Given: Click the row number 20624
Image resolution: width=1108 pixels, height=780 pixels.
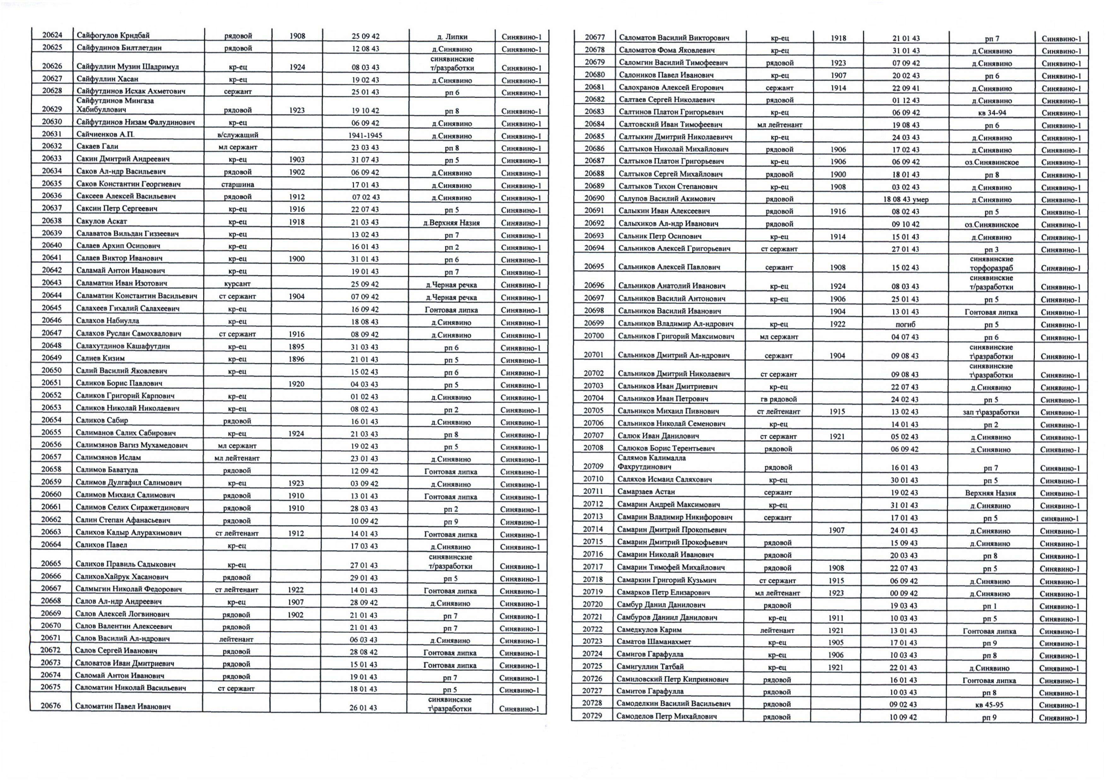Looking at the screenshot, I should [x=52, y=35].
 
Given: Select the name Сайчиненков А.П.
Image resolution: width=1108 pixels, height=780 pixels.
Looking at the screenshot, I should [x=105, y=134].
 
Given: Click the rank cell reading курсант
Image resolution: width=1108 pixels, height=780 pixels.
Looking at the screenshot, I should [x=237, y=284].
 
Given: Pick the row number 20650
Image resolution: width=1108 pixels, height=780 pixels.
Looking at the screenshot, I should [x=51, y=370].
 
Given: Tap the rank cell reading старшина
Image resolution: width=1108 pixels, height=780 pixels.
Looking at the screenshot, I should [x=237, y=184].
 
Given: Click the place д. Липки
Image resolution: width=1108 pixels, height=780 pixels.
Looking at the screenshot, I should [x=452, y=37].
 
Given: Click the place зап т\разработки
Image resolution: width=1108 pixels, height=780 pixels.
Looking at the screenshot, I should [x=991, y=412].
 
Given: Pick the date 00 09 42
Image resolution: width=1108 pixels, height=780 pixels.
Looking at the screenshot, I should [x=904, y=593].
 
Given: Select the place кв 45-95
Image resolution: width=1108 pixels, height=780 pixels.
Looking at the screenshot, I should [x=989, y=705].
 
